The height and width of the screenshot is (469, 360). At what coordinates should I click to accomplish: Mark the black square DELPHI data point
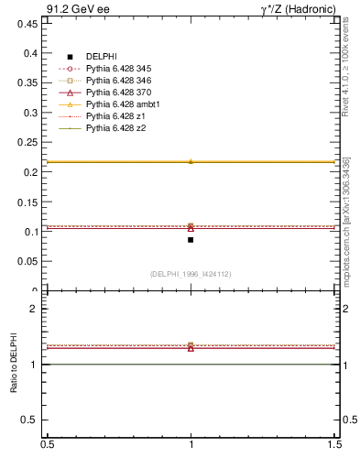pyautogui.click(x=191, y=240)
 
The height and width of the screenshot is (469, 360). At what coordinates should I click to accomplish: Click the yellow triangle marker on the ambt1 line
pyautogui.click(x=191, y=161)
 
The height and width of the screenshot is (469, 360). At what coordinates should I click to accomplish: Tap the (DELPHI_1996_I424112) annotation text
pyautogui.click(x=191, y=273)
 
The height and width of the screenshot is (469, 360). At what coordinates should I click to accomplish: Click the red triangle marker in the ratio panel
pyautogui.click(x=191, y=348)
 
